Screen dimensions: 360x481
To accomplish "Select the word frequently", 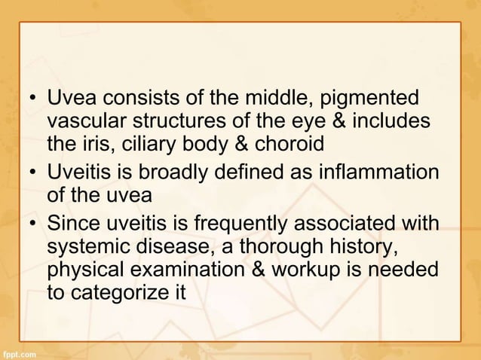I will click(234, 225).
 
